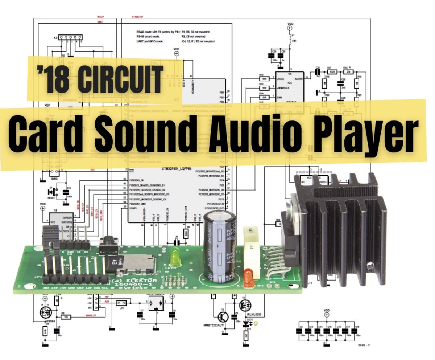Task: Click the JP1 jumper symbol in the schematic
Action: tap(123, 303)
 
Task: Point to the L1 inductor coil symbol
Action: tap(290, 38)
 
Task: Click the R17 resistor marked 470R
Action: tap(330, 72)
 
